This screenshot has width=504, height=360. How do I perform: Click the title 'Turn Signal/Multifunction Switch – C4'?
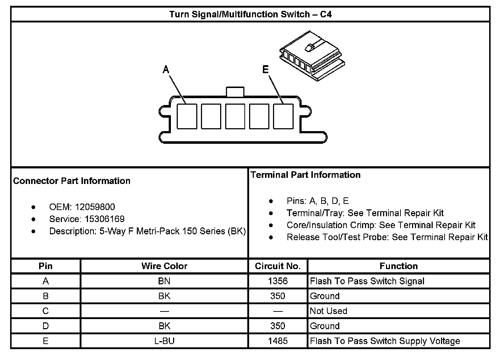pyautogui.click(x=250, y=14)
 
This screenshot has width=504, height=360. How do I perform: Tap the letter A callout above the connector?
pyautogui.click(x=166, y=69)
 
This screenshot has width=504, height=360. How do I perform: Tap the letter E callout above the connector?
pyautogui.click(x=265, y=69)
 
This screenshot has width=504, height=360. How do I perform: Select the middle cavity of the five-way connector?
pyautogui.click(x=235, y=116)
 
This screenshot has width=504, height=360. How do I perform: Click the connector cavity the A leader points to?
pyautogui.click(x=187, y=116)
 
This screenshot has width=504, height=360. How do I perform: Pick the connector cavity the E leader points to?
pyautogui.click(x=283, y=116)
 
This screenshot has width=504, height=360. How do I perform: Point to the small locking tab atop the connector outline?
pyautogui.click(x=235, y=92)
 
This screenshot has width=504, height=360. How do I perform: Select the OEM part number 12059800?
pyautogui.click(x=95, y=207)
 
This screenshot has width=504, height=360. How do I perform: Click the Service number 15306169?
pyautogui.click(x=105, y=219)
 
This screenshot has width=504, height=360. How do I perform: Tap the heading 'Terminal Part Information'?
pyautogui.click(x=306, y=175)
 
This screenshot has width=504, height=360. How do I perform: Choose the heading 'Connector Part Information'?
pyautogui.click(x=72, y=181)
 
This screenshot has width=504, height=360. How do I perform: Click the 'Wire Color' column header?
pyautogui.click(x=164, y=266)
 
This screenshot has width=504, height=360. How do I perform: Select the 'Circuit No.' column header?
pyautogui.click(x=278, y=266)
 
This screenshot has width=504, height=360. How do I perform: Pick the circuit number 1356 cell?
pyautogui.click(x=278, y=281)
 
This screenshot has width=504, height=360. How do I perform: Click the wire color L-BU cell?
pyautogui.click(x=164, y=341)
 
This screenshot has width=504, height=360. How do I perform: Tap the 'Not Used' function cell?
pyautogui.click(x=328, y=311)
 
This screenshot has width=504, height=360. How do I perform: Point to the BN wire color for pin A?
pyautogui.click(x=164, y=281)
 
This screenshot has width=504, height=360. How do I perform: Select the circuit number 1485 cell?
pyautogui.click(x=278, y=341)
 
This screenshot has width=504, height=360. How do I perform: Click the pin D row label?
pyautogui.click(x=46, y=326)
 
